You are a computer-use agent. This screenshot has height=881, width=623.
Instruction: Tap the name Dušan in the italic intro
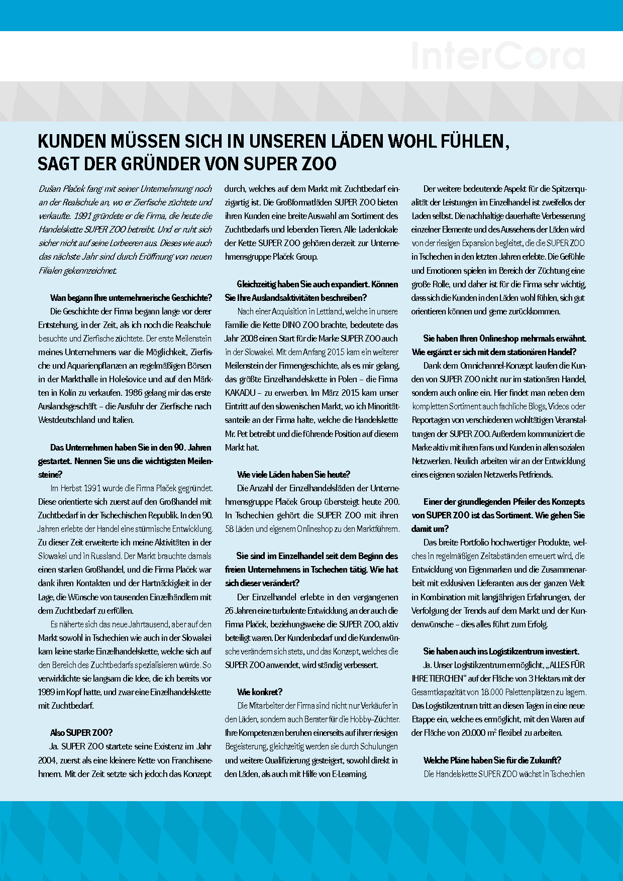[50, 189]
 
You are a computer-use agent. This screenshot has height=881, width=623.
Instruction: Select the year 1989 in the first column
[47, 692]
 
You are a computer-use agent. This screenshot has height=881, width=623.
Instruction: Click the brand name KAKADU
[240, 393]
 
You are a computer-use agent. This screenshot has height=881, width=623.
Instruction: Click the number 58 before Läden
[230, 529]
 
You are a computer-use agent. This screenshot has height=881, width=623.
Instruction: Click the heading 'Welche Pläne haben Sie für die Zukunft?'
[492, 760]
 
